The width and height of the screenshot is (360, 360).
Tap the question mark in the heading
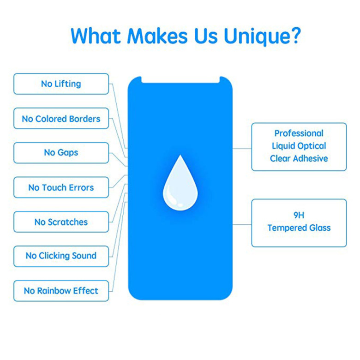[x=294, y=35]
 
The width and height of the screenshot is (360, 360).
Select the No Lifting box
[x=61, y=84]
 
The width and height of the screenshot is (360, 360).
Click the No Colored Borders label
[x=61, y=119]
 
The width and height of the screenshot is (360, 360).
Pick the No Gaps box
[x=61, y=153]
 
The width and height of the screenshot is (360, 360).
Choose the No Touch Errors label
[x=61, y=187]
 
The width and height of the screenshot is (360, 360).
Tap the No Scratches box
[x=61, y=222]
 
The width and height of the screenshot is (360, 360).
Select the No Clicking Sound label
[x=61, y=256]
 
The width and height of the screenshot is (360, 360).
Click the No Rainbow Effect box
[x=61, y=291]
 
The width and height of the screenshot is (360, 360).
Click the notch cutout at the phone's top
[x=180, y=79]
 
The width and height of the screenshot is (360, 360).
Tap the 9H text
[x=299, y=216]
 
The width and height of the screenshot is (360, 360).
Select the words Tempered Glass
[x=299, y=228]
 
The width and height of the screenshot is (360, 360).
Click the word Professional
[x=299, y=133]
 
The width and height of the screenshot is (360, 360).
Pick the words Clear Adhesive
[x=299, y=158]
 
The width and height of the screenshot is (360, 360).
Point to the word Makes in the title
[x=157, y=36]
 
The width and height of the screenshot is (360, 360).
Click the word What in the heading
[x=96, y=36]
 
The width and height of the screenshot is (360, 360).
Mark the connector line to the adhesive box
[x=242, y=149]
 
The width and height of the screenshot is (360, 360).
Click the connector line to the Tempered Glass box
[x=242, y=224]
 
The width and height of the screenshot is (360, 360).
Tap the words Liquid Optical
[x=299, y=146]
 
